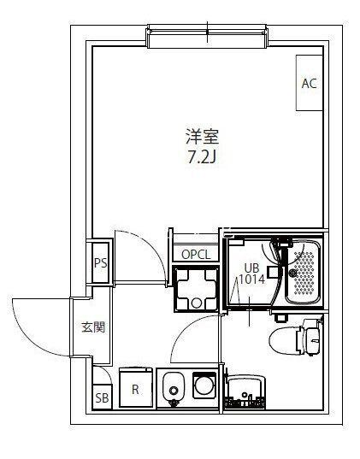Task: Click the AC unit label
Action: (310, 84)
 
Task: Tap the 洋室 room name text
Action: (203, 137)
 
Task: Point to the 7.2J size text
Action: (202, 158)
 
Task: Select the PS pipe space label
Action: (100, 263)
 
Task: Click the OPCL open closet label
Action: (196, 255)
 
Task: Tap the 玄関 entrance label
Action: (93, 327)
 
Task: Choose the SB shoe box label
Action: (103, 397)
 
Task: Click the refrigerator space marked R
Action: (136, 387)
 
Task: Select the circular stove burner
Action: (204, 385)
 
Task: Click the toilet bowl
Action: (285, 340)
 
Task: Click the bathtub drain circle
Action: (292, 273)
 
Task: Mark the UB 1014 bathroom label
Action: (252, 274)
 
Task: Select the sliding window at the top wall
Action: (208, 36)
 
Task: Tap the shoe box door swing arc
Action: (105, 371)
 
